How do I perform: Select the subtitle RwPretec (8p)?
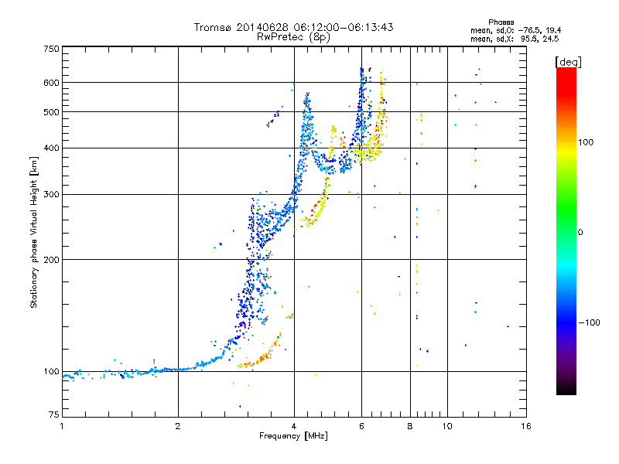click(293, 36)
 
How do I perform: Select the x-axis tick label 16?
click(525, 426)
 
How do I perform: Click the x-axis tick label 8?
click(410, 426)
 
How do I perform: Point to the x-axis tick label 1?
click(62, 426)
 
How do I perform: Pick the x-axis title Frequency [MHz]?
click(293, 436)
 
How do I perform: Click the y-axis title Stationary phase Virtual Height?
click(34, 232)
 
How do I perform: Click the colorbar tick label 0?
click(580, 232)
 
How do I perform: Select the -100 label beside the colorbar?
click(589, 322)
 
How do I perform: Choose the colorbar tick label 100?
click(586, 142)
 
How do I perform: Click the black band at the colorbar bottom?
click(566, 391)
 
